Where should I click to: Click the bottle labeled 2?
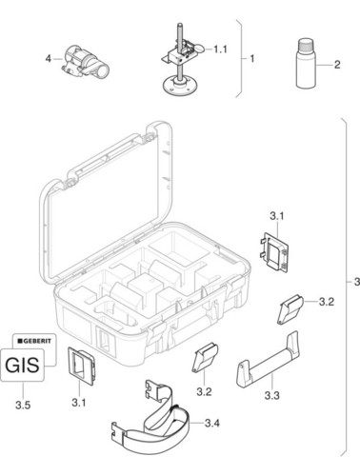(307, 64)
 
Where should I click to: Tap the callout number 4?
(49, 59)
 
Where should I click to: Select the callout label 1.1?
(220, 50)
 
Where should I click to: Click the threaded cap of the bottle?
(307, 44)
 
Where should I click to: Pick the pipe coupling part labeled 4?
(86, 61)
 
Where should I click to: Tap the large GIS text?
(23, 365)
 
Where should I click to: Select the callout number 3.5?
(23, 405)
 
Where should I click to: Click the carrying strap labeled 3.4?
(151, 422)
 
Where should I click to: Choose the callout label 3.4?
(212, 423)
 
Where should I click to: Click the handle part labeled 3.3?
(267, 360)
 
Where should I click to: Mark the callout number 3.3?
(272, 395)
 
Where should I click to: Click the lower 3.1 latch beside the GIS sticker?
(81, 367)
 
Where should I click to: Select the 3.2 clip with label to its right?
(290, 309)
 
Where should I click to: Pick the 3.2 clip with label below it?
(205, 357)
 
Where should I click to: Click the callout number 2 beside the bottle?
(337, 65)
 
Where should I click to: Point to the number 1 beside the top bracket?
(252, 59)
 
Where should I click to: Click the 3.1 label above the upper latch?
(277, 217)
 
